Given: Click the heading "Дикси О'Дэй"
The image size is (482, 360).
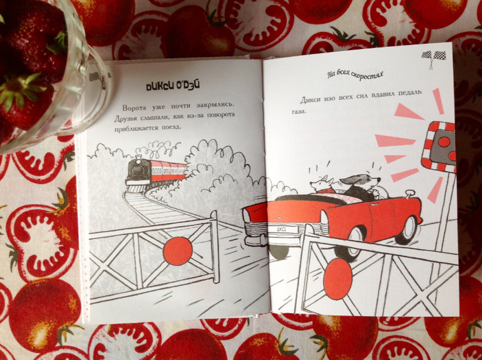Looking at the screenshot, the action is [x=173, y=86].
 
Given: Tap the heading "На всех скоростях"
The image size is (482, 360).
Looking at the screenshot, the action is [x=356, y=75].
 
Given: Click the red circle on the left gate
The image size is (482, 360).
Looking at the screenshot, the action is [x=178, y=251].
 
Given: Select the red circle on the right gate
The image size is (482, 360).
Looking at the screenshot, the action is [x=337, y=279].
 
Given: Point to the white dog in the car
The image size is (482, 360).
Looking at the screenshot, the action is [x=321, y=185].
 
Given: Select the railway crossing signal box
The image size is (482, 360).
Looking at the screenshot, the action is [x=439, y=147].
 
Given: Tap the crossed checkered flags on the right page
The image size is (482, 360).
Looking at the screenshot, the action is [x=433, y=59].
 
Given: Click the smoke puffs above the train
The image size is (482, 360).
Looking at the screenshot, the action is [x=159, y=150].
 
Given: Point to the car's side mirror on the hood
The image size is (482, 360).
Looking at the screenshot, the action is [x=409, y=193].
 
